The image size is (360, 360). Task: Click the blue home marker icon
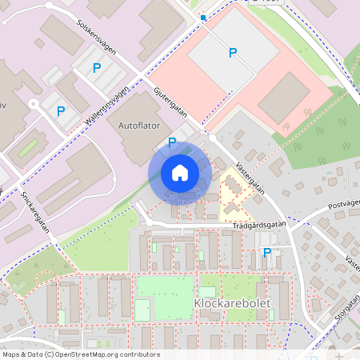point(179,173)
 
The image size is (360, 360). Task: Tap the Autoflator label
point(139,126)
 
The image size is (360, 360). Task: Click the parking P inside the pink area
point(233,53)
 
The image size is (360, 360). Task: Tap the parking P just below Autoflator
point(171,142)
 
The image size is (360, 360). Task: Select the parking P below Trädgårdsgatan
point(266,253)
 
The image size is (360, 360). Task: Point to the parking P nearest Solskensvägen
point(97,69)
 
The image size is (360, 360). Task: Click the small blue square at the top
point(203,17)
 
